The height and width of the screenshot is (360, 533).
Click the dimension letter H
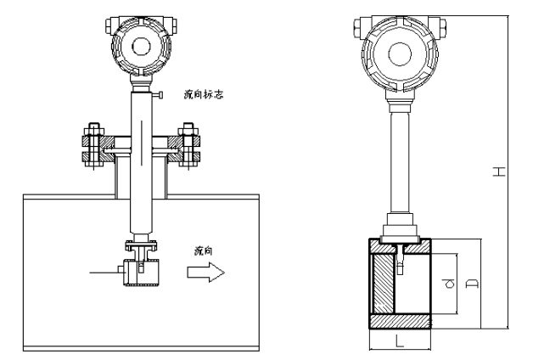(x=501, y=172)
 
